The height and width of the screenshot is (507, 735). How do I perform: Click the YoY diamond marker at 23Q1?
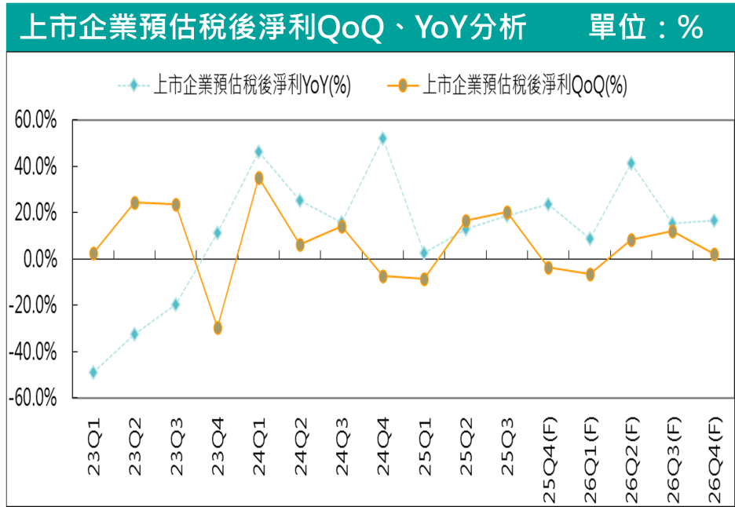(x=93, y=372)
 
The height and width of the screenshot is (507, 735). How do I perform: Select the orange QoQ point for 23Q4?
(x=218, y=328)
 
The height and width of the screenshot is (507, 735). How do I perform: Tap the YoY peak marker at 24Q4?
(x=382, y=138)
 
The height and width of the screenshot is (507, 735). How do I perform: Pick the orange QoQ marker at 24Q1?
(x=258, y=178)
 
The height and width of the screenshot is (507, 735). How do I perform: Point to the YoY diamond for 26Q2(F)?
(x=631, y=163)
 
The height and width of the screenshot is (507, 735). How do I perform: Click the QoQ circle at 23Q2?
(x=135, y=202)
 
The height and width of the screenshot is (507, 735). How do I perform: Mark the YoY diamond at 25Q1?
(x=424, y=253)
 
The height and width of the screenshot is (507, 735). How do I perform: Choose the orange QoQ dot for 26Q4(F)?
(x=714, y=254)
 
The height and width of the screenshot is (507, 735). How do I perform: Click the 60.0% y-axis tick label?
(x=36, y=121)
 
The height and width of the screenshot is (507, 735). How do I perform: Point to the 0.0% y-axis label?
(x=40, y=259)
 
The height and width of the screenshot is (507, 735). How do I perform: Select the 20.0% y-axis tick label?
(x=36, y=213)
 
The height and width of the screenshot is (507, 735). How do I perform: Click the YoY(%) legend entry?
(x=251, y=86)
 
